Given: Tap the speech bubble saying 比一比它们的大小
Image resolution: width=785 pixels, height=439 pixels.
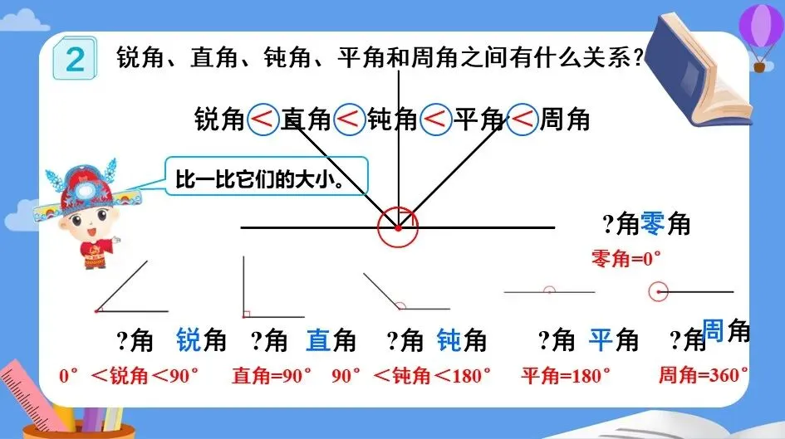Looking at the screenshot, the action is pyautogui.click(x=265, y=178).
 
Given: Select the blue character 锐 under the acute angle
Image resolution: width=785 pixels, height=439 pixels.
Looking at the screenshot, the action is pyautogui.click(x=189, y=340).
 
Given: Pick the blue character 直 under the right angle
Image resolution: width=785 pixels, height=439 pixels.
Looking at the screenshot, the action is pyautogui.click(x=319, y=340).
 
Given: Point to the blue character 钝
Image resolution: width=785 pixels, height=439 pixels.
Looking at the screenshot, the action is pyautogui.click(x=449, y=340).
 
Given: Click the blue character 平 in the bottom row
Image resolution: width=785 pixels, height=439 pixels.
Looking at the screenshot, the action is pyautogui.click(x=601, y=340).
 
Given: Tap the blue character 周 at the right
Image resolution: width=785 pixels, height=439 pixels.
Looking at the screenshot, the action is pyautogui.click(x=714, y=329).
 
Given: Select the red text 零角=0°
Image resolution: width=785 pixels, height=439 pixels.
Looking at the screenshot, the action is pyautogui.click(x=625, y=258).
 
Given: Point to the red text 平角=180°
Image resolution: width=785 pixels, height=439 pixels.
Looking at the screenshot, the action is pyautogui.click(x=561, y=375).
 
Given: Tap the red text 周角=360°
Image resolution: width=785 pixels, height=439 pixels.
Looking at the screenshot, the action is pyautogui.click(x=703, y=375).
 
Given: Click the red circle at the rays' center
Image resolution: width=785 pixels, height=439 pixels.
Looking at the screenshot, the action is pyautogui.click(x=398, y=227).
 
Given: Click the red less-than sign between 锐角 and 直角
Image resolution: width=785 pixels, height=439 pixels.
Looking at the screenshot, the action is pyautogui.click(x=263, y=120).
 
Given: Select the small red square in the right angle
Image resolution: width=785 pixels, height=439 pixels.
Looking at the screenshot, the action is pyautogui.click(x=247, y=314).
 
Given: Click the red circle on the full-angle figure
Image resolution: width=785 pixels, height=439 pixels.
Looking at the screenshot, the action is pyautogui.click(x=659, y=292).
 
